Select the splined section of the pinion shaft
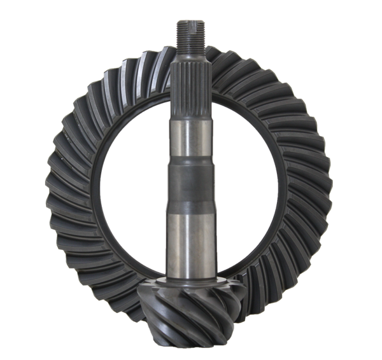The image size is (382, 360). (x=188, y=83)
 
